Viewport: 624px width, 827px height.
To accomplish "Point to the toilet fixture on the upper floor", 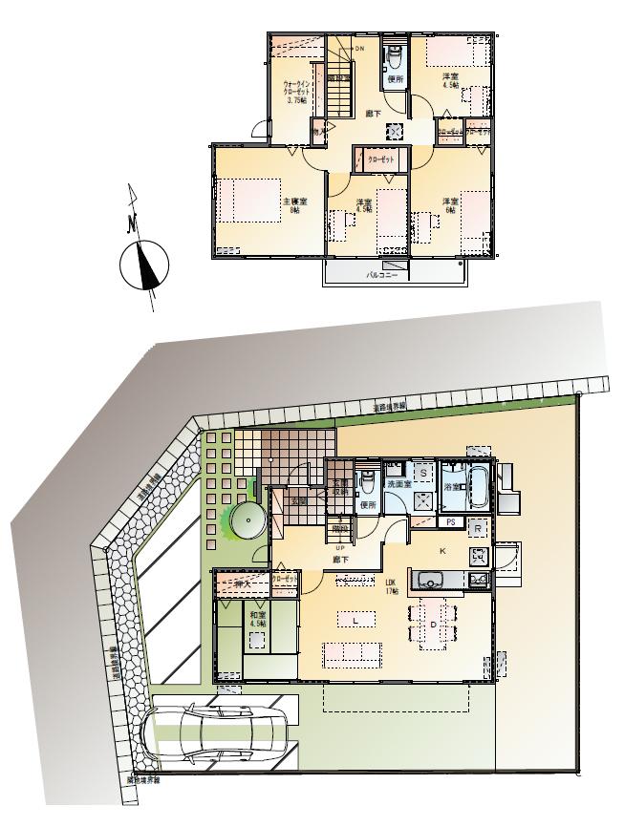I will coord(394,59).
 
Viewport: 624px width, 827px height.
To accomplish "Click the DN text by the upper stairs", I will coord(359,48).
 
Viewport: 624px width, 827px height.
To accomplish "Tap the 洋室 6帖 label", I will coord(449,206).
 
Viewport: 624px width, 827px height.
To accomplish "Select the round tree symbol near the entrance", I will coord(246,521).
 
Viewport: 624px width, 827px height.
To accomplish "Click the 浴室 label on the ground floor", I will coord(450,486).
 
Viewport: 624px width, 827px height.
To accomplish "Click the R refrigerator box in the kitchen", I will coord(477,526).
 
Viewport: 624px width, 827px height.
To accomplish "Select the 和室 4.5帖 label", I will coord(256,620).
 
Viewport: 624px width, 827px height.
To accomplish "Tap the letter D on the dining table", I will coord(433,625).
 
